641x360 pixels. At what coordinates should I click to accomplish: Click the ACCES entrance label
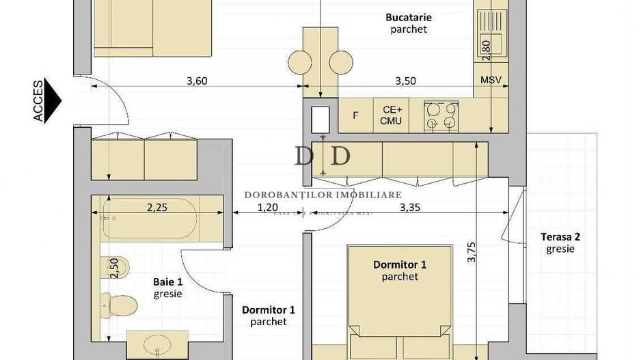coord(39,101)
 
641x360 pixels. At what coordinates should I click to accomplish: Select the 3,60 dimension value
coord(197,81)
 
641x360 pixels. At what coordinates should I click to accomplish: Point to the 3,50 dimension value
coord(405,81)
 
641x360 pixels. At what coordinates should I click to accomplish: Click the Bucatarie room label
coord(409,18)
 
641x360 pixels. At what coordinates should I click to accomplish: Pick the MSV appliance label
coord(491,80)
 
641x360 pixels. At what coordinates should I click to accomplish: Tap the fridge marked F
coord(355,115)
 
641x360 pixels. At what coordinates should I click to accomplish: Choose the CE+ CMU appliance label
coord(392,115)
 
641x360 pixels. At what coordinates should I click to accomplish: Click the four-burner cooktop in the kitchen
coord(441,115)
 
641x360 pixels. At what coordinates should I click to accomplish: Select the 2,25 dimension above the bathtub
coord(156,208)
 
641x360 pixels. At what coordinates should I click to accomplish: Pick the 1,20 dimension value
coord(268,208)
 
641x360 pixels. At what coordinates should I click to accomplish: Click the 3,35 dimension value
coord(411,208)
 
